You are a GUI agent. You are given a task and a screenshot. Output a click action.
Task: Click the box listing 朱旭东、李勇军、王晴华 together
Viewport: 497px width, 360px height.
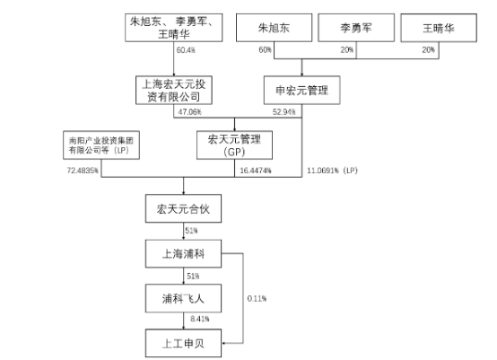[174, 28]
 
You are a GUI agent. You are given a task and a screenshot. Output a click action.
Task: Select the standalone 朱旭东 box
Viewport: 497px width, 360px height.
[275, 28]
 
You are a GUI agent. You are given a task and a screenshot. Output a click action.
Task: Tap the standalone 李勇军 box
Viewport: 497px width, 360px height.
[356, 28]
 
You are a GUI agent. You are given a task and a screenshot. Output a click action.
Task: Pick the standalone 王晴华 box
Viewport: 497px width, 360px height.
[439, 28]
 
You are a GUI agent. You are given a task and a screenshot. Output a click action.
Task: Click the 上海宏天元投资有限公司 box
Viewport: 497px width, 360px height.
[174, 90]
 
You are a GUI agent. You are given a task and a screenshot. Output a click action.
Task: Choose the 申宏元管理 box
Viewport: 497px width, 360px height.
[302, 90]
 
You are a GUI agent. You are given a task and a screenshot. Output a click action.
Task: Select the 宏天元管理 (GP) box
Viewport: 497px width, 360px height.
[234, 145]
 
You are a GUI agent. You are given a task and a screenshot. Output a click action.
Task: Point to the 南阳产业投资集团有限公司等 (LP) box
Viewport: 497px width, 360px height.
[101, 145]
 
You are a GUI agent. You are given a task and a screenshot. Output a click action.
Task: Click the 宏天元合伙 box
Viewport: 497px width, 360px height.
[183, 208]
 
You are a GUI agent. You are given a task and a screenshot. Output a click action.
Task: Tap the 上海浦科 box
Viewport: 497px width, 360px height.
[183, 254]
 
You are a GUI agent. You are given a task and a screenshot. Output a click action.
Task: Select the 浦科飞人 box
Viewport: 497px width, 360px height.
[183, 298]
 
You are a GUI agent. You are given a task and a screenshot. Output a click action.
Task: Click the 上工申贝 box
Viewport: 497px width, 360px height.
[183, 343]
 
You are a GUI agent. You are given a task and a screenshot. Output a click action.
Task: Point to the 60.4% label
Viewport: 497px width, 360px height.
[186, 49]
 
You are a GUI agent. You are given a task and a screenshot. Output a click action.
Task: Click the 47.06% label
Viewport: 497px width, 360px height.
[189, 111]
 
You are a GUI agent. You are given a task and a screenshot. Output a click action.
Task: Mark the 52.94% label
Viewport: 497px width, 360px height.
[284, 111]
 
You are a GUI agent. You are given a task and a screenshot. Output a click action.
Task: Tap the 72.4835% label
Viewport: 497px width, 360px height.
[83, 171]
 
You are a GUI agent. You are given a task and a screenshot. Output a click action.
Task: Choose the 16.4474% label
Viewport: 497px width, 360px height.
[256, 171]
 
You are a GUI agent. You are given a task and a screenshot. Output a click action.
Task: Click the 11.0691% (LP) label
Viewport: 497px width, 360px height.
[332, 171]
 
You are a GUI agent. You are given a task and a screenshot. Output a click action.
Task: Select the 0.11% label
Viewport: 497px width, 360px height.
[257, 298]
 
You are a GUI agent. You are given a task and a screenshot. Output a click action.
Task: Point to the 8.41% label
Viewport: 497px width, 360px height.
[200, 319]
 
